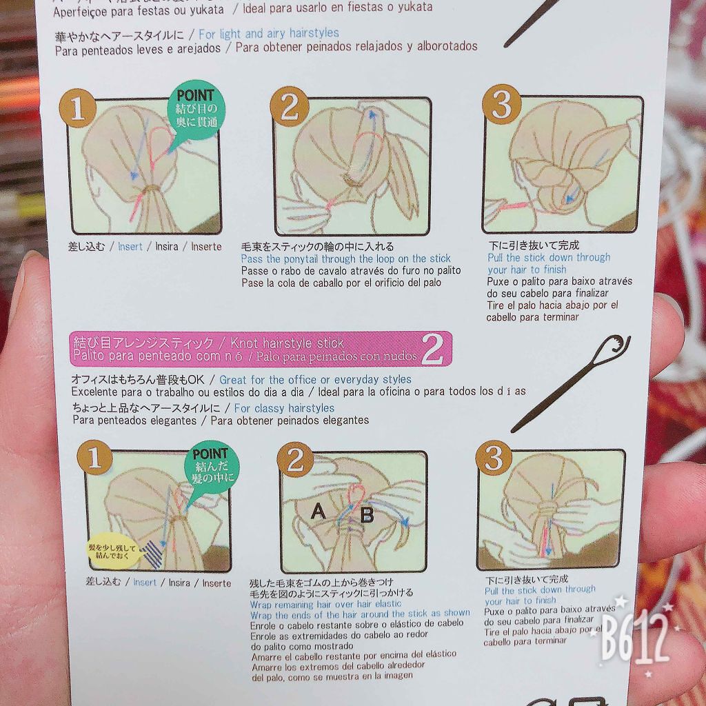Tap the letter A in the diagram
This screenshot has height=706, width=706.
coord(319,511)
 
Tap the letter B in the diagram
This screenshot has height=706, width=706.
coord(367,513)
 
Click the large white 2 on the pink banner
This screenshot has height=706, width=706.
coord(432,350)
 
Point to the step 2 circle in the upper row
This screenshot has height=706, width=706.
coord(288,108)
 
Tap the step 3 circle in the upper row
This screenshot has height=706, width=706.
coord(501,105)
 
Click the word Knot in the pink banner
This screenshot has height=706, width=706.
coord(246,343)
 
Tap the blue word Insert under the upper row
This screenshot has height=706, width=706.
coord(130,246)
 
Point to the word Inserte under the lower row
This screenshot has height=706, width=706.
coord(216,583)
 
